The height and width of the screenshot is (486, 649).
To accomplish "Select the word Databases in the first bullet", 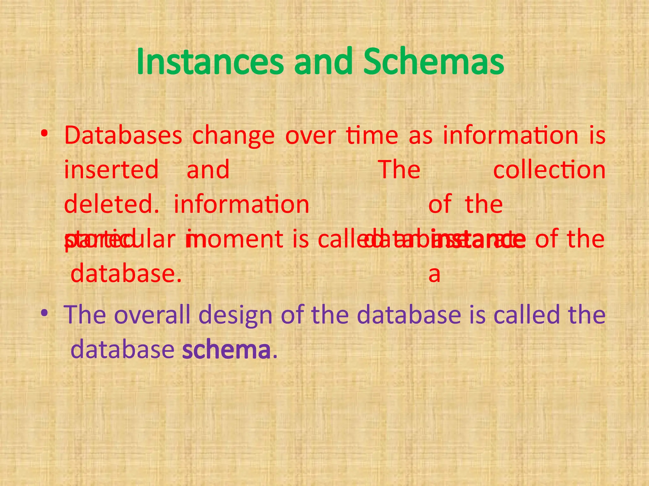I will tap(123, 135).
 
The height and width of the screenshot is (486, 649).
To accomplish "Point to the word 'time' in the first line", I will tap(372, 135).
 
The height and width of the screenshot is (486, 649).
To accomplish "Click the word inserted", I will tap(111, 170).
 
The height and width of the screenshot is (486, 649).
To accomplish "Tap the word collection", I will tap(549, 170).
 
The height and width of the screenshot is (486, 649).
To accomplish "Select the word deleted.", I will tap(111, 204).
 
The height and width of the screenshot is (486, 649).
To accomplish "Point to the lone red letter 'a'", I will tap(434, 275).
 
